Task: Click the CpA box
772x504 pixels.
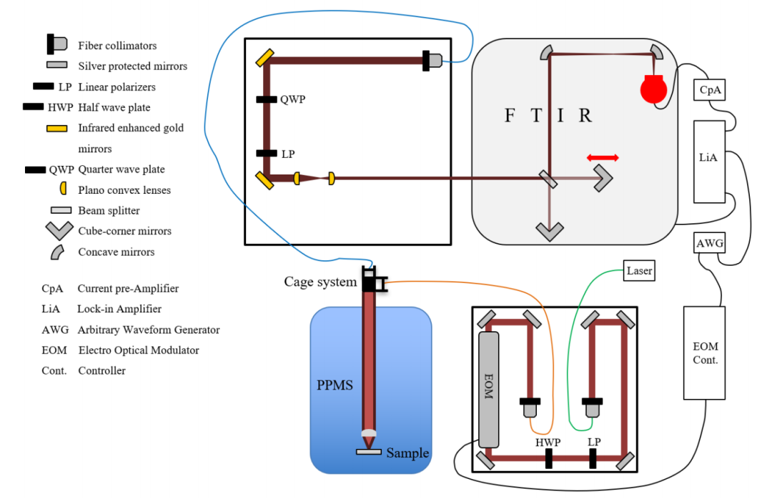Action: pyautogui.click(x=709, y=90)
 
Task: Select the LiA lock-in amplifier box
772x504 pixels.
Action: pyautogui.click(x=709, y=162)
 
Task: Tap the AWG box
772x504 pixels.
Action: pyautogui.click(x=710, y=243)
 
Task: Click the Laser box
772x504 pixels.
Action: pyautogui.click(x=639, y=271)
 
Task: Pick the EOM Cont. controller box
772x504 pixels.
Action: pyautogui.click(x=705, y=353)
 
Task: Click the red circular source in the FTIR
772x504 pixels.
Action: pyautogui.click(x=653, y=89)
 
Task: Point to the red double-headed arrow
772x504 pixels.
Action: pyautogui.click(x=603, y=157)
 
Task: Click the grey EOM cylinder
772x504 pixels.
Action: pyautogui.click(x=488, y=390)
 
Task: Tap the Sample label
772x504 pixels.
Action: pyautogui.click(x=407, y=453)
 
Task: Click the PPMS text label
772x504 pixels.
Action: pyautogui.click(x=335, y=385)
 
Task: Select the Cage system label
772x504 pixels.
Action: pyautogui.click(x=320, y=282)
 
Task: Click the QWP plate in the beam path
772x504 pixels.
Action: pyautogui.click(x=267, y=99)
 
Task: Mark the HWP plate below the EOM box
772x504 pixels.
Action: pyautogui.click(x=548, y=458)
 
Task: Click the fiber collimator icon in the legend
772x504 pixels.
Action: pyautogui.click(x=56, y=44)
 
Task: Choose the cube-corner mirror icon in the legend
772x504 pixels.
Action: pyautogui.click(x=59, y=231)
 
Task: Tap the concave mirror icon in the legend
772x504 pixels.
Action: pyautogui.click(x=57, y=252)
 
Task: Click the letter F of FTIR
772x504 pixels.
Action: pyautogui.click(x=510, y=116)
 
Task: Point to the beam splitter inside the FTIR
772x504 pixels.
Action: pyautogui.click(x=548, y=179)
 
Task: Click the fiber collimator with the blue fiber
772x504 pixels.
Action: pyautogui.click(x=432, y=61)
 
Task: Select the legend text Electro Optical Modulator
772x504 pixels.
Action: pyautogui.click(x=139, y=350)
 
